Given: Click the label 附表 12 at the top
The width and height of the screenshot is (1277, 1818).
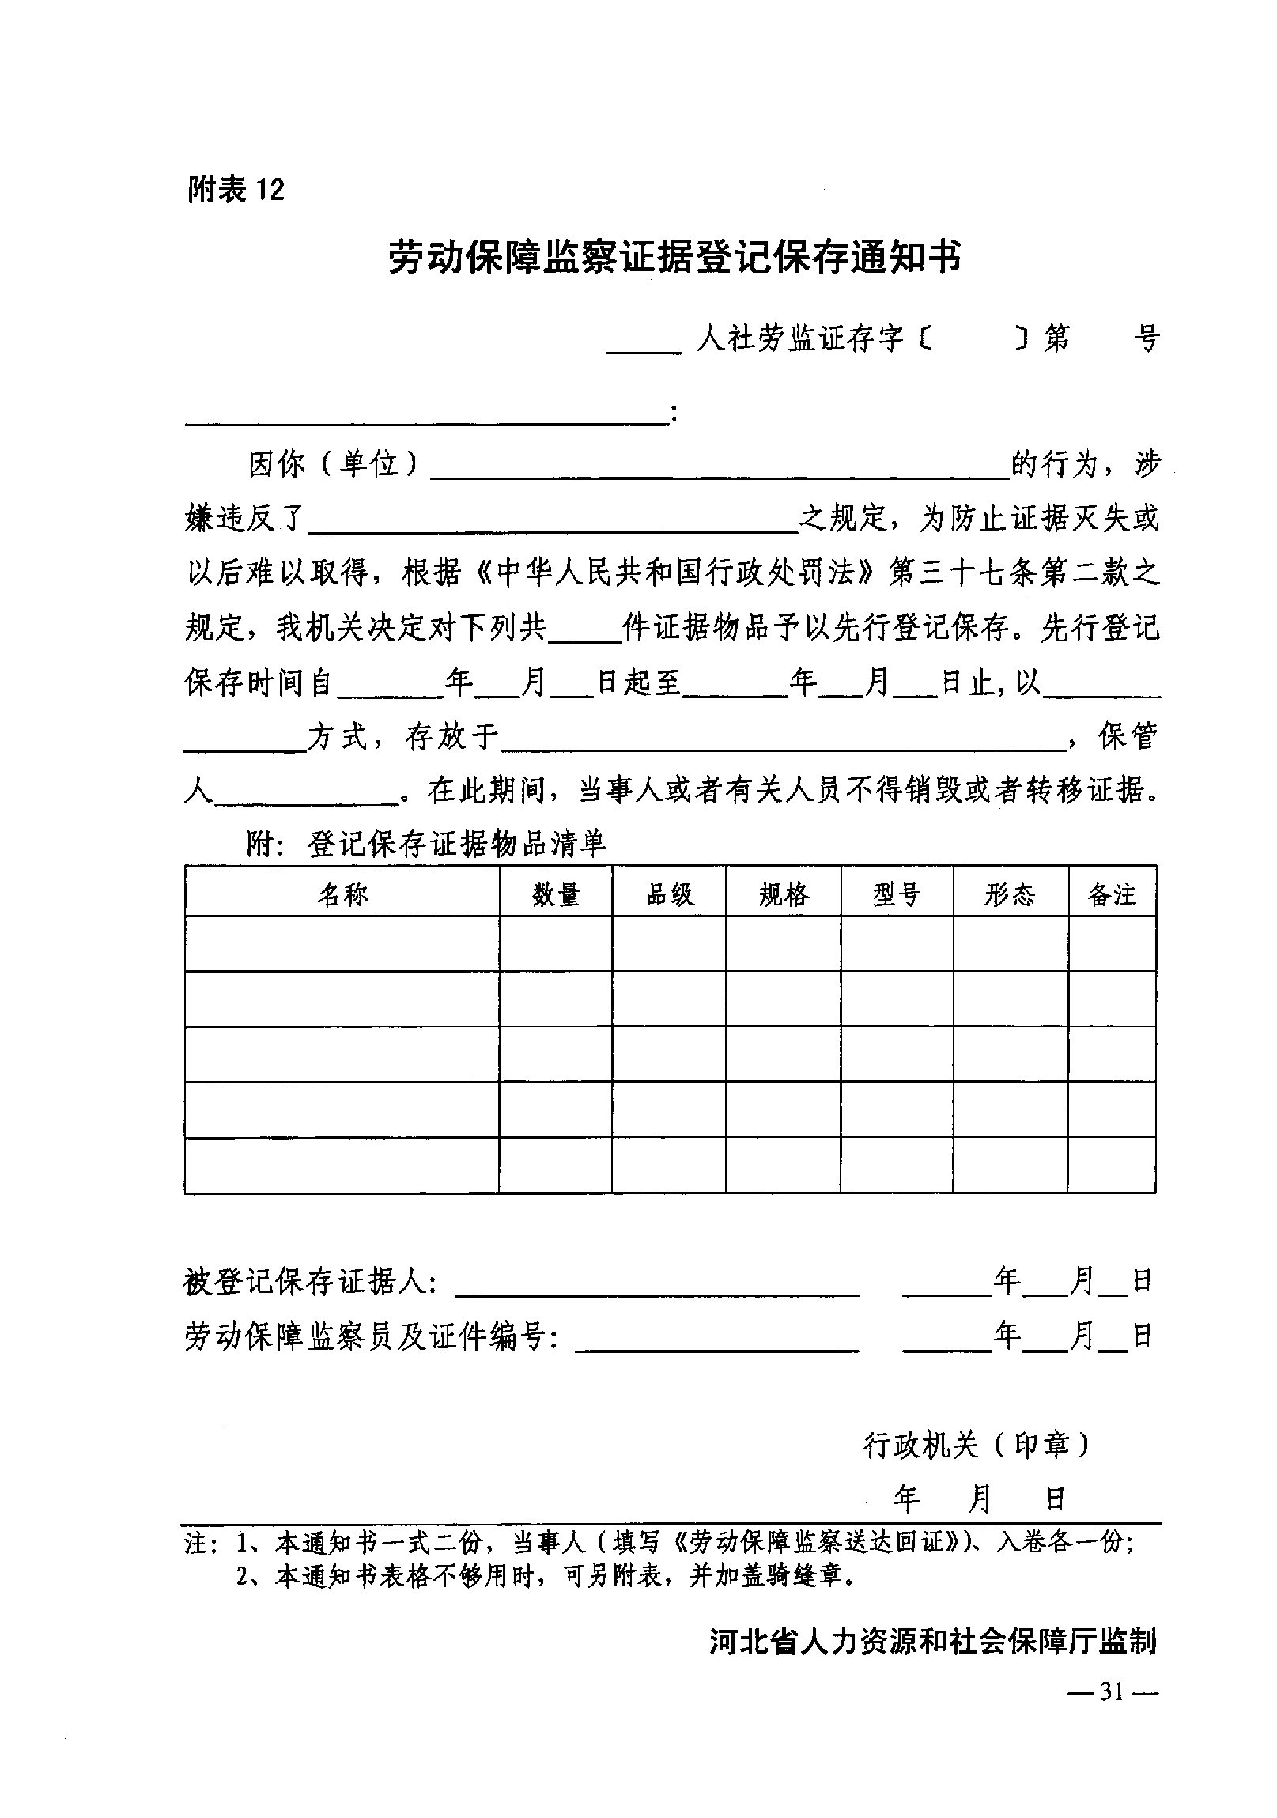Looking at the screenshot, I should click(x=235, y=189).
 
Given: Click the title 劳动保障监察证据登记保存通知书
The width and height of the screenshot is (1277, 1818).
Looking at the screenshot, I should click(x=674, y=257).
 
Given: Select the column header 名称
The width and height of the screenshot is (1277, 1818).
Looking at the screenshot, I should click(x=342, y=894).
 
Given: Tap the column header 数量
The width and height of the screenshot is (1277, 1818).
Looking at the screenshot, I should click(x=556, y=894).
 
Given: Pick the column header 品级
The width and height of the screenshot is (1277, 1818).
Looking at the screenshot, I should click(x=669, y=894).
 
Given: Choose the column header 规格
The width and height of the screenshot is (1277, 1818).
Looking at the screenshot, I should click(x=784, y=894).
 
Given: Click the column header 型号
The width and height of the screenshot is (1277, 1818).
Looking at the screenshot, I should click(x=896, y=894).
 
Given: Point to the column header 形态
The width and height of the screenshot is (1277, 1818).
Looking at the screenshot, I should click(x=1010, y=894).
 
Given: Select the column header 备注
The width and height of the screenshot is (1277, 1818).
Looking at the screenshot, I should click(x=1112, y=894).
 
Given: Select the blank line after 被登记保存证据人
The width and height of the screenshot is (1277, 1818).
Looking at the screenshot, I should click(x=657, y=1287).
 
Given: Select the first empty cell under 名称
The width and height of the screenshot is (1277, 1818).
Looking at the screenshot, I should click(x=342, y=944).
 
